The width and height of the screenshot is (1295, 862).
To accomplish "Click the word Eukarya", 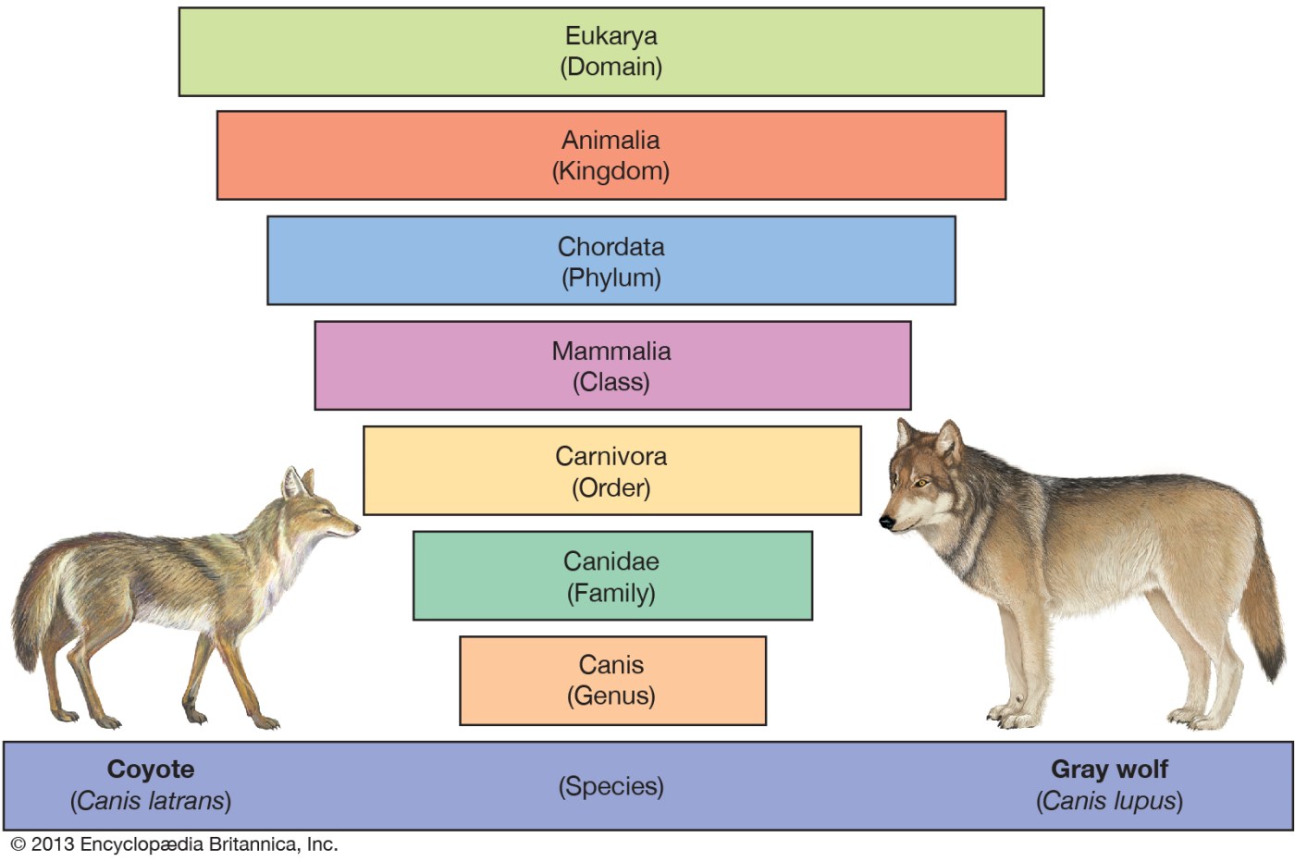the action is pos(611,36).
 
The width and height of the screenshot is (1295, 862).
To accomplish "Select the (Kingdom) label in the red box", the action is pos(611,171).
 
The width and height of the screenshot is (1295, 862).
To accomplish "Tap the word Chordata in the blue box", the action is pos(611,247).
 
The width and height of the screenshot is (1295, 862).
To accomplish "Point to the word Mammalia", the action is pos(611,351).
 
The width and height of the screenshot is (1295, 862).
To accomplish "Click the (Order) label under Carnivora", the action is pos(611,488).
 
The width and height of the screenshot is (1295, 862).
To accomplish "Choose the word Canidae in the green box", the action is pos(611,561).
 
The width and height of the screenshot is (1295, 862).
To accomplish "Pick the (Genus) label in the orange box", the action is pos(611,696).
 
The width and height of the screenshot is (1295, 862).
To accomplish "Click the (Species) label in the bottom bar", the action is pos(611,786).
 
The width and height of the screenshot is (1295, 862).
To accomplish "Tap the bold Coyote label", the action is pos(151,770).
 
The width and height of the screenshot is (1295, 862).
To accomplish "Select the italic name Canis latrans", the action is pos(151,801).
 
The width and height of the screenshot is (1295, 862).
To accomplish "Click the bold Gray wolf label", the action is pos(1109,770).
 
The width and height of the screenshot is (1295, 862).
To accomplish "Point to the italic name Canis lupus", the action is pos(1109,801).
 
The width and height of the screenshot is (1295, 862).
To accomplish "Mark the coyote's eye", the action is pos(325,511).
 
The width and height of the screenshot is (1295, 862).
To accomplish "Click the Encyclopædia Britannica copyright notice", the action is pos(174,844).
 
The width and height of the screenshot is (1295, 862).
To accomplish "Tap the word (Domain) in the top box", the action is pos(611,68).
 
